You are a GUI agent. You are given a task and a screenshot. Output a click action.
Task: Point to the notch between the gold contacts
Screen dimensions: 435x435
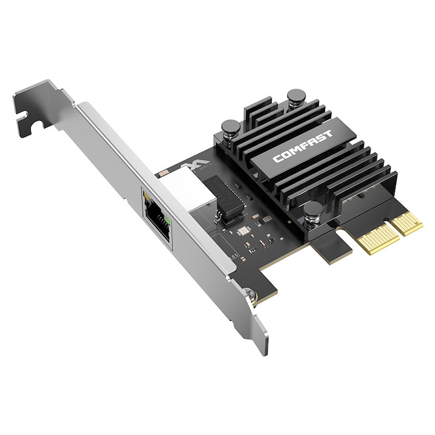pyautogui.click(x=391, y=233)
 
